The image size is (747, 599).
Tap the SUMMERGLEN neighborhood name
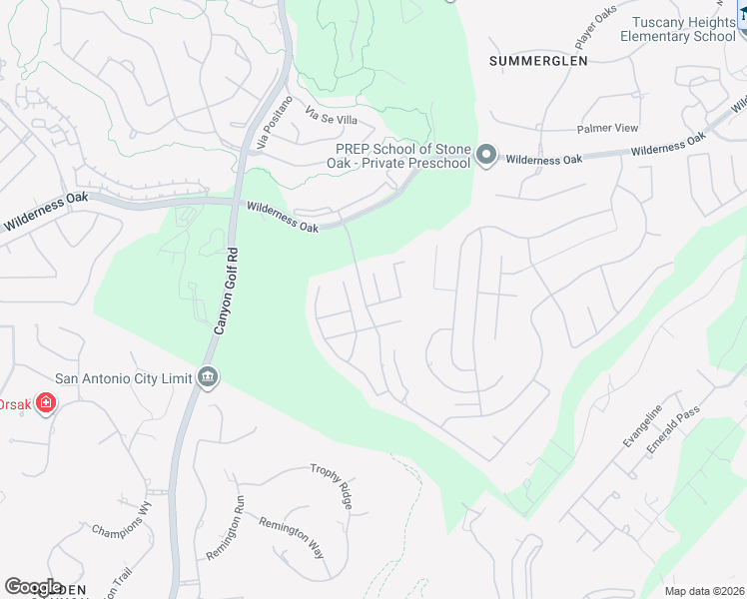point(538,61)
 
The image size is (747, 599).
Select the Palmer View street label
point(607,129)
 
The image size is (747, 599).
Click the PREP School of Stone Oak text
point(402,156)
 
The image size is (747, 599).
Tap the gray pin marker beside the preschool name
point(486,155)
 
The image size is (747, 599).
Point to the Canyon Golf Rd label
point(228,291)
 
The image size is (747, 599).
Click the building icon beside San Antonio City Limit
point(208,377)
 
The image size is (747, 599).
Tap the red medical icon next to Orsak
point(45,403)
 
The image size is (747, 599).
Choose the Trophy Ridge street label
point(332,486)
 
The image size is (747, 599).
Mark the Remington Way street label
point(292,536)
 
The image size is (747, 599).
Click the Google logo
point(33,587)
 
